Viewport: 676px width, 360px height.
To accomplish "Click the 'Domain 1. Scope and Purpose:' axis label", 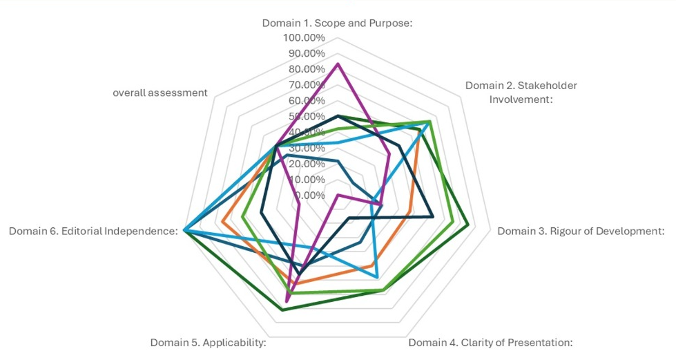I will click(x=337, y=23).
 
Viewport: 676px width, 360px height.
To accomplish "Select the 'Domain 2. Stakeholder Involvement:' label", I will click(x=521, y=92).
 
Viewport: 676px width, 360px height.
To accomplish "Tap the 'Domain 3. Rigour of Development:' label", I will click(x=581, y=231).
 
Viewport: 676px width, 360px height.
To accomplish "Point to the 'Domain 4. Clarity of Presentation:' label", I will click(x=490, y=342).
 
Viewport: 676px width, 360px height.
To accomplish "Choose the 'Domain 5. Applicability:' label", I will click(x=208, y=342).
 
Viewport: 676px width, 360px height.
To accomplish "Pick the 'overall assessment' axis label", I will click(x=160, y=93).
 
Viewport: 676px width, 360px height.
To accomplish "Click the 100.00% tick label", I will click(x=304, y=37).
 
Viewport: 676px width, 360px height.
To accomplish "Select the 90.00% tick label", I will click(x=304, y=53).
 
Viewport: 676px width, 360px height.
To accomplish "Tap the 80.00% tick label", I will click(x=304, y=69).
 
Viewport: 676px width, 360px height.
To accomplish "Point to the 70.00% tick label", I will click(x=304, y=85).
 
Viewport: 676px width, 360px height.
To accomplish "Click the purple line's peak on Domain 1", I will click(x=338, y=64).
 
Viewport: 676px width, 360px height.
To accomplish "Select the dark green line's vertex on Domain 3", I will click(x=468, y=225).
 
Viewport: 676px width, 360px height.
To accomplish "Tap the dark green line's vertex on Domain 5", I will click(x=282, y=311).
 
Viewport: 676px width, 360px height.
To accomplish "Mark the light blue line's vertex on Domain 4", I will click(x=377, y=277).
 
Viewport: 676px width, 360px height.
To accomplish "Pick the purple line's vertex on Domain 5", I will click(x=287, y=301).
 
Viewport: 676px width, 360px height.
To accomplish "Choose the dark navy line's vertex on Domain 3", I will click(x=432, y=216).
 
